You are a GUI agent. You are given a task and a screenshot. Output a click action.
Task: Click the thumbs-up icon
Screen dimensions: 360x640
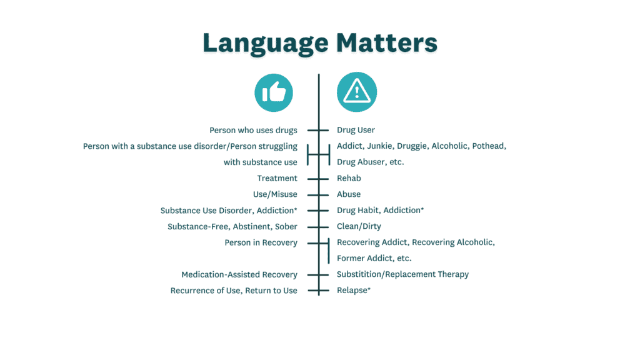pyautogui.click(x=274, y=92)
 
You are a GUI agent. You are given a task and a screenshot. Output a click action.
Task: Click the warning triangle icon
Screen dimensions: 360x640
pyautogui.click(x=357, y=92)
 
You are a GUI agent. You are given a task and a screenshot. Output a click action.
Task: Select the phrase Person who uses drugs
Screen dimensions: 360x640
pyautogui.click(x=253, y=130)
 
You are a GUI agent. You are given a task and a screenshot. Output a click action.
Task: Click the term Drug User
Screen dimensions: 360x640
pyautogui.click(x=356, y=130)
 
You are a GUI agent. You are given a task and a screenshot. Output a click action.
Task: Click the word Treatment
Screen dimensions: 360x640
pyautogui.click(x=277, y=178)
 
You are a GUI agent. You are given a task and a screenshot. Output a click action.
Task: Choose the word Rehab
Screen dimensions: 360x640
pyautogui.click(x=349, y=178)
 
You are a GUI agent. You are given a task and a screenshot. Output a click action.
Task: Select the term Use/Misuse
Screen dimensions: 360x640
pyautogui.click(x=275, y=194)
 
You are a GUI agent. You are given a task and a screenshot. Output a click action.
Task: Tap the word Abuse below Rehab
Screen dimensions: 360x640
pyautogui.click(x=349, y=194)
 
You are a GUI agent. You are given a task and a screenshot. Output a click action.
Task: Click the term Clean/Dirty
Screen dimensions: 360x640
pyautogui.click(x=359, y=226)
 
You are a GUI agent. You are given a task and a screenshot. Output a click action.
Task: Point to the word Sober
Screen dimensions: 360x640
pyautogui.click(x=286, y=226)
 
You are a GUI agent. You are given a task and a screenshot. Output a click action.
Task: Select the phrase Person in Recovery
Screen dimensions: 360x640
pyautogui.click(x=261, y=242)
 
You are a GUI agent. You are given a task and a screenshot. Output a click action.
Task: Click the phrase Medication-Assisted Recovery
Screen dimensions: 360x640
pyautogui.click(x=239, y=274)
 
